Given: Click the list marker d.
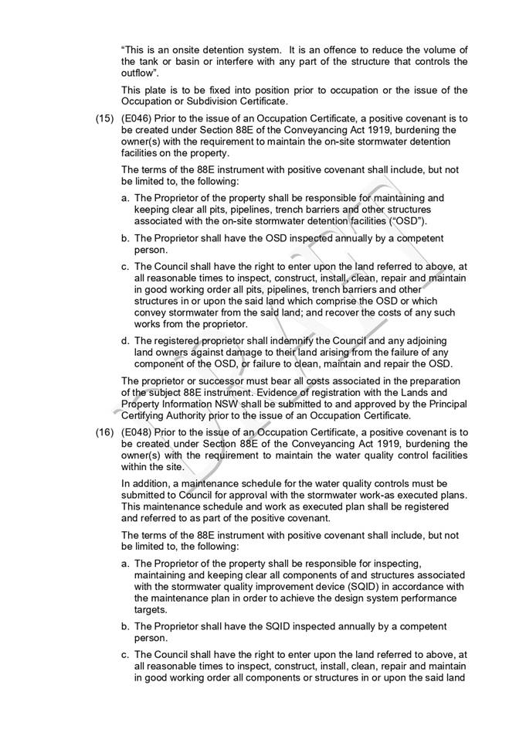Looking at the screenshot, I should [126, 340].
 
